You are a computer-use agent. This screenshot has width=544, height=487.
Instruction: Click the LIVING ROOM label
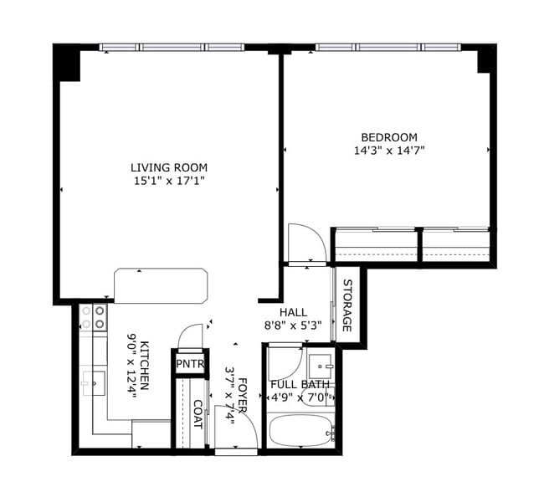coord(169,167)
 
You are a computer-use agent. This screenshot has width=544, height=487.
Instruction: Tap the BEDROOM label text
coord(388,137)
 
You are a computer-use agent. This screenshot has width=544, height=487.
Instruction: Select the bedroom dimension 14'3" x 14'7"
coord(388,151)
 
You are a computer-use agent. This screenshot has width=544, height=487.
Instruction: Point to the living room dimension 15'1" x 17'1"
coord(169,181)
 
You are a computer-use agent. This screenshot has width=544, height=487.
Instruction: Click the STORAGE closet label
coord(347,304)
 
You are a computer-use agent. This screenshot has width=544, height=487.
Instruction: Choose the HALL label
coord(293,311)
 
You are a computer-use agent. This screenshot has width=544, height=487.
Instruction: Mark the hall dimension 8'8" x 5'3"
coord(293,325)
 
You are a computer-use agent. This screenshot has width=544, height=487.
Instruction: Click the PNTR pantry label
coord(189,364)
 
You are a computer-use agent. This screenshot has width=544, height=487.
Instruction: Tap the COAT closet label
coord(198,413)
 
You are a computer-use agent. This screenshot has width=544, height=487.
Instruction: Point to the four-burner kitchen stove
coord(93,316)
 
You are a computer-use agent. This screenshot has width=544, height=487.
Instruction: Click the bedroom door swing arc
coord(306,243)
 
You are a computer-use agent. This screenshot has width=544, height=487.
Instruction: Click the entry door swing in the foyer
coord(235,428)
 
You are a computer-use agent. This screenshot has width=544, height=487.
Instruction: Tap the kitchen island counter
coord(161,285)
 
